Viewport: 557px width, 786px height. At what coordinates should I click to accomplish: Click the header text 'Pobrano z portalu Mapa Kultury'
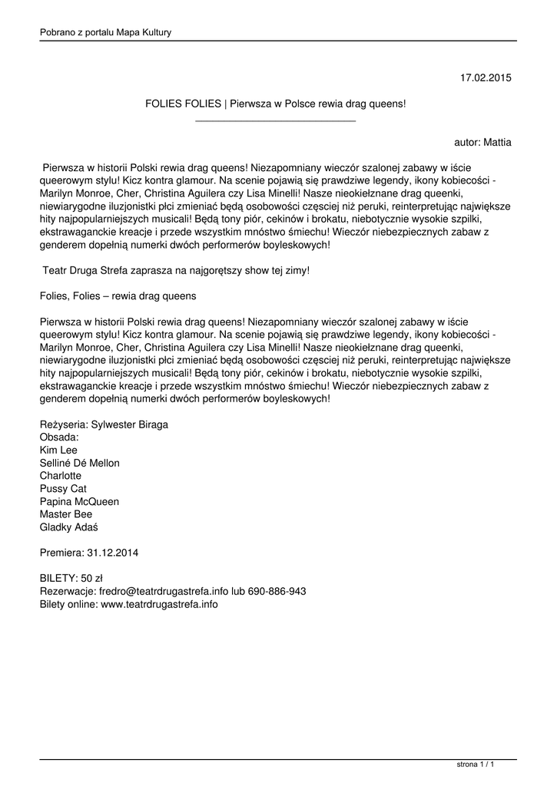pos(105,32)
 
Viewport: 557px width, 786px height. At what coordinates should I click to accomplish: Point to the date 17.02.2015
pos(486,78)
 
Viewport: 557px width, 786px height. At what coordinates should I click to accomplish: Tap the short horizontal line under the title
pos(276,121)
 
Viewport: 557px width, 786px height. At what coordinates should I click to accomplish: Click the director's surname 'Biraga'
pos(151,424)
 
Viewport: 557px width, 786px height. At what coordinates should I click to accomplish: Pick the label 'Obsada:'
pos(59,437)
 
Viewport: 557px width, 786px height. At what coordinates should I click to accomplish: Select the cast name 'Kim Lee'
pos(58,450)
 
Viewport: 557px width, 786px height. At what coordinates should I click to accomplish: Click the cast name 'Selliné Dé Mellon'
pos(79,463)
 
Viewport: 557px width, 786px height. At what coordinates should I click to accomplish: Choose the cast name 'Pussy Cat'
pos(63,488)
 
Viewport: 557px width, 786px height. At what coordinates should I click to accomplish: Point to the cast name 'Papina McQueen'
pos(79,501)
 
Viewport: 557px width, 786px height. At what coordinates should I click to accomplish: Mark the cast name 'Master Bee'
pos(65,514)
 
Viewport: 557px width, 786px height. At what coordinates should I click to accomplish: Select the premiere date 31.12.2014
pos(113,553)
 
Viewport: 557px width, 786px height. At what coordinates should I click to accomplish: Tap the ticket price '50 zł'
pos(91,579)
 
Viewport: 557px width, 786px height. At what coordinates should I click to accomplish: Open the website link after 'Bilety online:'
pos(159,605)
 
